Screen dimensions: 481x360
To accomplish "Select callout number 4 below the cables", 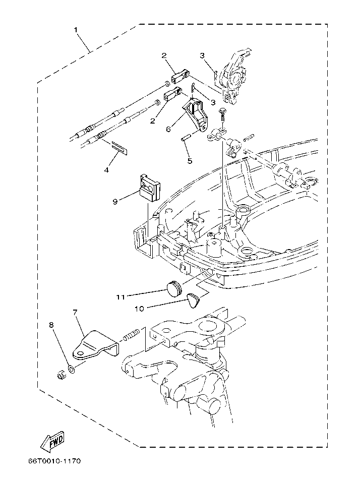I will [x=106, y=170].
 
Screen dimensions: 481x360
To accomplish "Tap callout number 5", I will [x=190, y=161].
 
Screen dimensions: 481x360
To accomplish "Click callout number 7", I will [x=75, y=313].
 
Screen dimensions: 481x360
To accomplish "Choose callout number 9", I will [x=115, y=202].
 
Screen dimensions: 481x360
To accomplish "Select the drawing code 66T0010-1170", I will [x=54, y=461].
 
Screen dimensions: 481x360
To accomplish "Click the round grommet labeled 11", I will [x=174, y=288].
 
